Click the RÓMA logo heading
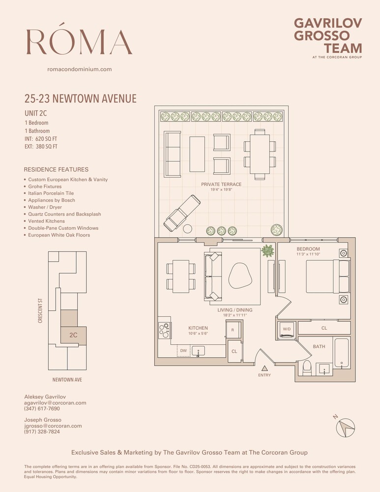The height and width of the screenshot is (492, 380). click(79, 41)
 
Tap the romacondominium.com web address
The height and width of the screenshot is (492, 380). click(79, 69)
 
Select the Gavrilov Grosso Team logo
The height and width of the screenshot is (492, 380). click(327, 36)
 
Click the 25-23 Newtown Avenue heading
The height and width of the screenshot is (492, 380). click(80, 99)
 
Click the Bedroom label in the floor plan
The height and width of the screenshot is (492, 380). click(308, 249)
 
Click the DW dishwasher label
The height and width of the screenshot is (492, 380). click(184, 350)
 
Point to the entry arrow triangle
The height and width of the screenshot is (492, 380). click(264, 368)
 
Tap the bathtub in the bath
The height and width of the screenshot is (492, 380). click(341, 352)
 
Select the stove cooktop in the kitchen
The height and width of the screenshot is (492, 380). click(164, 329)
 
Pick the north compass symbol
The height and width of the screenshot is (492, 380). click(346, 426)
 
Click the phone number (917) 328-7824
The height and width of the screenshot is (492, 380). click(42, 431)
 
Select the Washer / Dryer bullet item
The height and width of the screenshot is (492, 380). click(45, 207)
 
